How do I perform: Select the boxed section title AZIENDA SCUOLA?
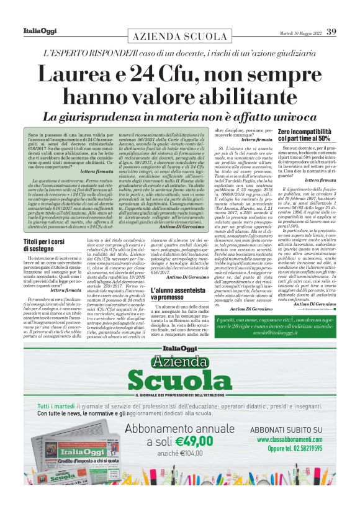coord(179,36)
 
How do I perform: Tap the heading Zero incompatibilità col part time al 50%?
coord(304,136)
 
